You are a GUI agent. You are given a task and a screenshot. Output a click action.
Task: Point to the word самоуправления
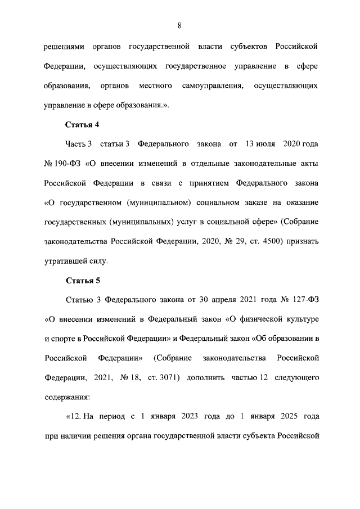coord(213,85)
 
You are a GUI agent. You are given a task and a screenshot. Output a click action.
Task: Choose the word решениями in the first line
coord(64,47)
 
